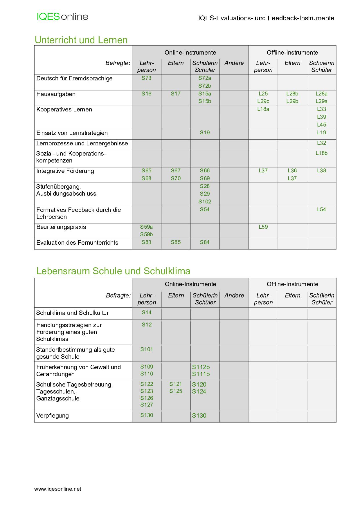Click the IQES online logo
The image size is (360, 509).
point(62,17)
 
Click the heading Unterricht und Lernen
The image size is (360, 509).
point(81,40)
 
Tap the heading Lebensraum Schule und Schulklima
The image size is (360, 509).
point(113,271)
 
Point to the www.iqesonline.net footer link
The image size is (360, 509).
point(58,489)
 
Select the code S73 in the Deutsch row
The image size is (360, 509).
point(146,78)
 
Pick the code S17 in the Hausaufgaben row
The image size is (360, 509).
point(176,94)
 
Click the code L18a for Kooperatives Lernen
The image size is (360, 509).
point(263,109)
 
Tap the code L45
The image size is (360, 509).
point(321,125)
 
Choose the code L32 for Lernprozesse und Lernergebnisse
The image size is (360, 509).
point(321,143)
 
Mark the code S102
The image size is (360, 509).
point(205,202)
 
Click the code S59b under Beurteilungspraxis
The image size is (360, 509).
point(146,234)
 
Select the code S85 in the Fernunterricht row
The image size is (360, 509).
point(176,242)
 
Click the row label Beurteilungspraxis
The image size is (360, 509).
point(61,227)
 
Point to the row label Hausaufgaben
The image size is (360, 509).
point(56,94)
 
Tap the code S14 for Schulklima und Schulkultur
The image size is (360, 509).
point(147,313)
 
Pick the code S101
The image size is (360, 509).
point(147,349)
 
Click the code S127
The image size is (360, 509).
point(147,405)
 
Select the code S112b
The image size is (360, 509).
point(201,367)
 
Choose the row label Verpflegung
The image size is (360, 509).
point(53,416)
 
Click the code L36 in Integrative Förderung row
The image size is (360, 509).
point(292,171)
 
